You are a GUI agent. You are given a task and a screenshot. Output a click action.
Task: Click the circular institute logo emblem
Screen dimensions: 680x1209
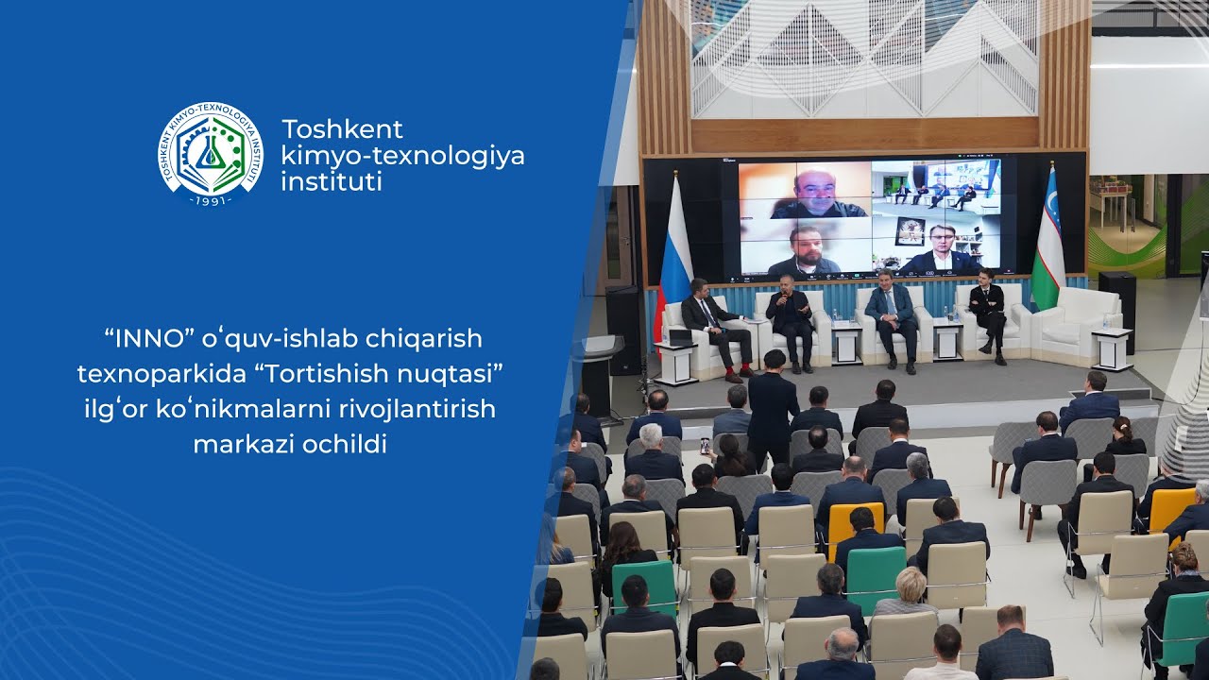211,154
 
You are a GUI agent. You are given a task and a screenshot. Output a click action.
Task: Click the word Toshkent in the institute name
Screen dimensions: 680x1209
342,129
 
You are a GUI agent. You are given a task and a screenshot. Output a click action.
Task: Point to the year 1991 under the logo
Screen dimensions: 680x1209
211,200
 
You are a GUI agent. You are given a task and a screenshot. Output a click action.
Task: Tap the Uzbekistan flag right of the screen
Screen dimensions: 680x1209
1047,241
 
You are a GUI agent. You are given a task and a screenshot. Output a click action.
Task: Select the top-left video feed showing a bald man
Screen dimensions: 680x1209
805,190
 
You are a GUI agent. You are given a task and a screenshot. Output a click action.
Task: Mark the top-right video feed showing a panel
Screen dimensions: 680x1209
936,188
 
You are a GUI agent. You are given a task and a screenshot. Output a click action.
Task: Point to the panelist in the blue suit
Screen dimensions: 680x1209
891,316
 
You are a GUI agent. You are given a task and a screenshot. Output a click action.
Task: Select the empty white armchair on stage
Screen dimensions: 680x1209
1079,321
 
